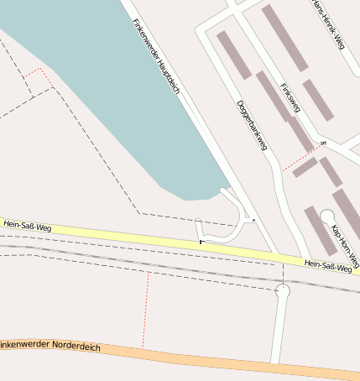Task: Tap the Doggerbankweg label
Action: (252, 125)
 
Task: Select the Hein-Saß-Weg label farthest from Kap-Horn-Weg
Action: (27, 225)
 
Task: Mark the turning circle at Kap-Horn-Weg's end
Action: (327, 216)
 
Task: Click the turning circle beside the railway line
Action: (283, 290)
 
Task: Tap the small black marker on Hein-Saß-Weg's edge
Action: (201, 242)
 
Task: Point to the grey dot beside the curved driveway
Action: (254, 220)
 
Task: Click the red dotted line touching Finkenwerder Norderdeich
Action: (146, 311)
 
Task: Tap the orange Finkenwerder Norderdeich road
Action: (210, 360)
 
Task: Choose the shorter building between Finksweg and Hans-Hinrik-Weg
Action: (318, 100)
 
